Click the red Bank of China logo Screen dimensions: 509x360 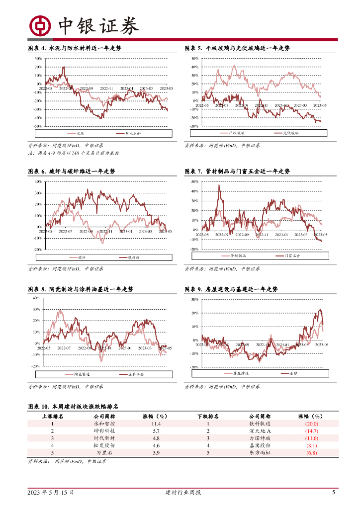tap(40, 26)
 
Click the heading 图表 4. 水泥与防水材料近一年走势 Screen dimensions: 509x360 tap(75, 48)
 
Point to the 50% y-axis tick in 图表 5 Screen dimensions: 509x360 tap(195, 59)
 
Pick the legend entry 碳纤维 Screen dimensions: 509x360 tap(133, 257)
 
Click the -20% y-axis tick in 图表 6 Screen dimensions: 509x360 tap(38, 250)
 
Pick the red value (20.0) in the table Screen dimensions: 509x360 tap(312, 424)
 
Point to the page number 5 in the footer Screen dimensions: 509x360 tap(334, 493)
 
